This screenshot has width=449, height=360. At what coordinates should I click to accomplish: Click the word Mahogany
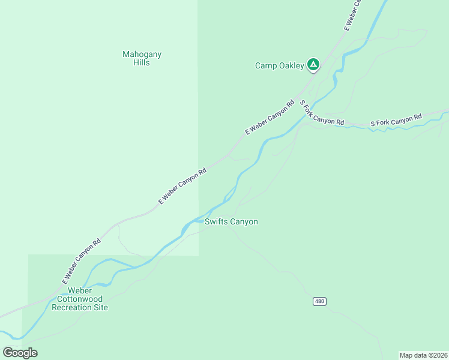pyautogui.click(x=142, y=55)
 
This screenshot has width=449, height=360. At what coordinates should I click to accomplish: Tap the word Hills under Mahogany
pyautogui.click(x=142, y=62)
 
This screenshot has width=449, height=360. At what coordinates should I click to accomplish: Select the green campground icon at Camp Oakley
pyautogui.click(x=313, y=64)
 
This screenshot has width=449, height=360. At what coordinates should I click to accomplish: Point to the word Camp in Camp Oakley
pyautogui.click(x=266, y=66)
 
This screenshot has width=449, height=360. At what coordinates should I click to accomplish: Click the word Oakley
pyautogui.click(x=291, y=66)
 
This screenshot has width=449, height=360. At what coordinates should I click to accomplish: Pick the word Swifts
pyautogui.click(x=217, y=222)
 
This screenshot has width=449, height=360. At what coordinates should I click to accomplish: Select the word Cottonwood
pyautogui.click(x=80, y=299)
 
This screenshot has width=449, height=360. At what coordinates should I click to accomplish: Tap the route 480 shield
pyautogui.click(x=319, y=301)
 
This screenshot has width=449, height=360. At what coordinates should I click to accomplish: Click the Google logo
pyautogui.click(x=20, y=353)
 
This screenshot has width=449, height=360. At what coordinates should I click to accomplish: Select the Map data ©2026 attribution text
pyautogui.click(x=423, y=355)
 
